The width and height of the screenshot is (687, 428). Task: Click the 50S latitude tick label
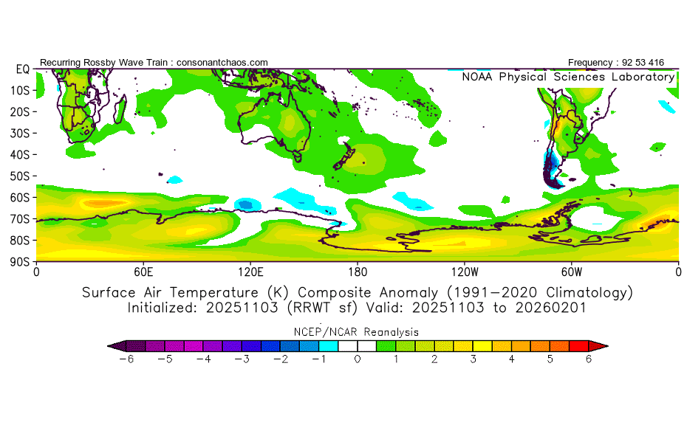click(x=20, y=176)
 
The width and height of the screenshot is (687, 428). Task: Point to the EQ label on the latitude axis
click(x=22, y=69)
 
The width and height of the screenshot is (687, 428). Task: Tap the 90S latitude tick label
click(x=20, y=262)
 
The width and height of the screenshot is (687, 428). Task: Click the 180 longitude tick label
click(x=358, y=271)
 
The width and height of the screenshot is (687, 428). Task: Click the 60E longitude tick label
click(x=143, y=271)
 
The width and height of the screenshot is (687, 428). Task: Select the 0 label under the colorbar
click(x=357, y=359)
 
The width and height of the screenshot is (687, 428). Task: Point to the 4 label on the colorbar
click(x=511, y=359)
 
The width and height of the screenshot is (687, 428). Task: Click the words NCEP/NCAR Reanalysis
click(x=357, y=332)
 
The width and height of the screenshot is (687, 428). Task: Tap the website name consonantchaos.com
click(x=222, y=63)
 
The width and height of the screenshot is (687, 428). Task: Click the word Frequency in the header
click(x=591, y=63)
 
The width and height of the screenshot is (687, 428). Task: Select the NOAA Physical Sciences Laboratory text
click(x=567, y=77)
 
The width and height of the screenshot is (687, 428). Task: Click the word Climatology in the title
click(x=587, y=292)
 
